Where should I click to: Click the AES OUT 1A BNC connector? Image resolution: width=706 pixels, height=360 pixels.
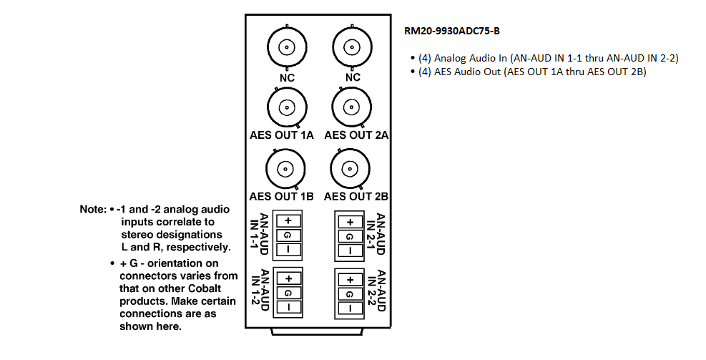pos(287,107)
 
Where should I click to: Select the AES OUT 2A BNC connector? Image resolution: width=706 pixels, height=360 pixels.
pos(352,107)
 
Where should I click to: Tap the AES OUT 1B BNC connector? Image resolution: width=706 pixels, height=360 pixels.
pos(285,169)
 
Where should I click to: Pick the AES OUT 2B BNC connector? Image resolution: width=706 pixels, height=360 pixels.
pos(350,169)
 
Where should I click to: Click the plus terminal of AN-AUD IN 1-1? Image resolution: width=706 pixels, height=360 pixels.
pos(288,220)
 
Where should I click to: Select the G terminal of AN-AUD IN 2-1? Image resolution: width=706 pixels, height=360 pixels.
pos(350,237)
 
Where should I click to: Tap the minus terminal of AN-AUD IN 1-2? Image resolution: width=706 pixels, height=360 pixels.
pos(288,307)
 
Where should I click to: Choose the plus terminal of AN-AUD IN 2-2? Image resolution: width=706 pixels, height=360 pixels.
pos(350,280)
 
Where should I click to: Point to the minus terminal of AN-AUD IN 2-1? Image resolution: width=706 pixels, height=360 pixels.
pos(350,251)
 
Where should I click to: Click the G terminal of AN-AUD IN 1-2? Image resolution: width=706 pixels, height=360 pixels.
pos(288,293)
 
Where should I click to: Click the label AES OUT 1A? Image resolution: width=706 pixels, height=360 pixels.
pos(282,135)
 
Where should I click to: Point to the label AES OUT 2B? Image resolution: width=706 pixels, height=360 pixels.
pos(356,196)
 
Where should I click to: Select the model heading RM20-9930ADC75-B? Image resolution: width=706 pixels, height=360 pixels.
pos(451,31)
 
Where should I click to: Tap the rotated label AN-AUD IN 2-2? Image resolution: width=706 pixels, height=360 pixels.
pos(376,291)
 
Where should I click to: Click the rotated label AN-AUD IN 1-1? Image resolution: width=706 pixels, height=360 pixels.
pos(260,234)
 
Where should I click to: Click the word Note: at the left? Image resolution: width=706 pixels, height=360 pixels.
pos(93,210)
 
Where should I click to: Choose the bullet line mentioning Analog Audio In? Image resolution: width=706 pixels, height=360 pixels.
pos(544,58)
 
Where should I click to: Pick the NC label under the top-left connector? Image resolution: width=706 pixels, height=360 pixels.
pos(287,77)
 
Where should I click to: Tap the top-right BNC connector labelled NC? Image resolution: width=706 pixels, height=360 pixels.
pos(352,47)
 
